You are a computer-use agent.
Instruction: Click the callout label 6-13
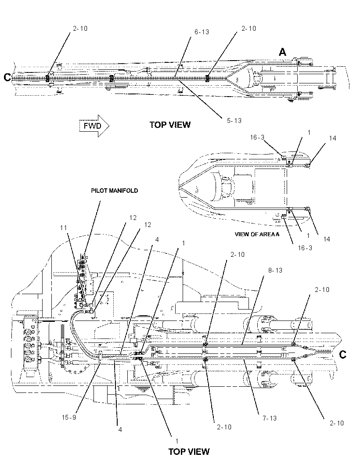[202, 32]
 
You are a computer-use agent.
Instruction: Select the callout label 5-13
[234, 121]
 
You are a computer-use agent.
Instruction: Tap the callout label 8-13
[275, 270]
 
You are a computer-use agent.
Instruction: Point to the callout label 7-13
[270, 418]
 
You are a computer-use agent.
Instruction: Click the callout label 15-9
[69, 417]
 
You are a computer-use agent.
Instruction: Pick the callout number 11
[64, 228]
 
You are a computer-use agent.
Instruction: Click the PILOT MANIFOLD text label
[115, 191]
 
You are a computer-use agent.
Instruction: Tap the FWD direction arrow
[94, 126]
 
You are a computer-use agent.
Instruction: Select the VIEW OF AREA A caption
[257, 234]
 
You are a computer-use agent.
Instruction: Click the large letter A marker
[282, 53]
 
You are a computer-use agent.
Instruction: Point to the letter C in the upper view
[7, 78]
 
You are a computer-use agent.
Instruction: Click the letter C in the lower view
[343, 355]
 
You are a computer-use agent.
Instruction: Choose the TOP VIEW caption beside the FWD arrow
[170, 125]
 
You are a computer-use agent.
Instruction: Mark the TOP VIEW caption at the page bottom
[189, 452]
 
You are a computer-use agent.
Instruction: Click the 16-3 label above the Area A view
[257, 137]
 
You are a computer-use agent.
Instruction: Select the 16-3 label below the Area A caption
[305, 248]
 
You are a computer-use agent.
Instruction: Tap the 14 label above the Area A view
[332, 138]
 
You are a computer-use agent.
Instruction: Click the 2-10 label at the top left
[80, 29]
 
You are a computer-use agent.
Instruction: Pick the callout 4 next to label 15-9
[120, 430]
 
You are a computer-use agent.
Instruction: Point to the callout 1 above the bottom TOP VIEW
[177, 441]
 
